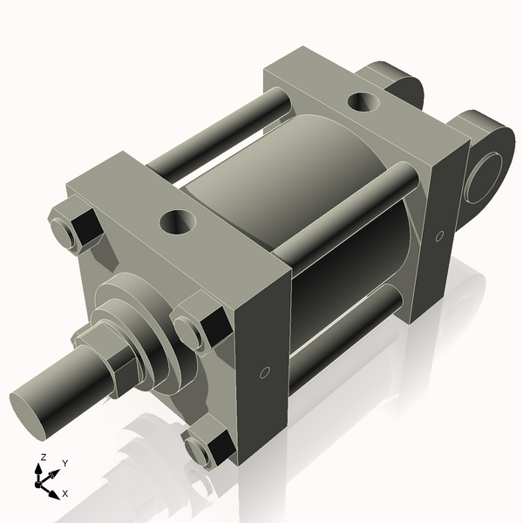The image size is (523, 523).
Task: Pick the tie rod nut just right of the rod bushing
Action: pyautogui.click(x=197, y=329)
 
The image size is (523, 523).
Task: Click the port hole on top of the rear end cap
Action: pyautogui.click(x=363, y=103)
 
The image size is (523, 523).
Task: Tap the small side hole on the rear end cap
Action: pyautogui.click(x=438, y=234)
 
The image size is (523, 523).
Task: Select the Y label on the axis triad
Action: pyautogui.click(x=65, y=464)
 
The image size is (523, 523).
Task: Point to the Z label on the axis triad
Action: pyautogui.click(x=43, y=458)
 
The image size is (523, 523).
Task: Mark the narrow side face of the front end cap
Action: pyautogui.click(x=261, y=349)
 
